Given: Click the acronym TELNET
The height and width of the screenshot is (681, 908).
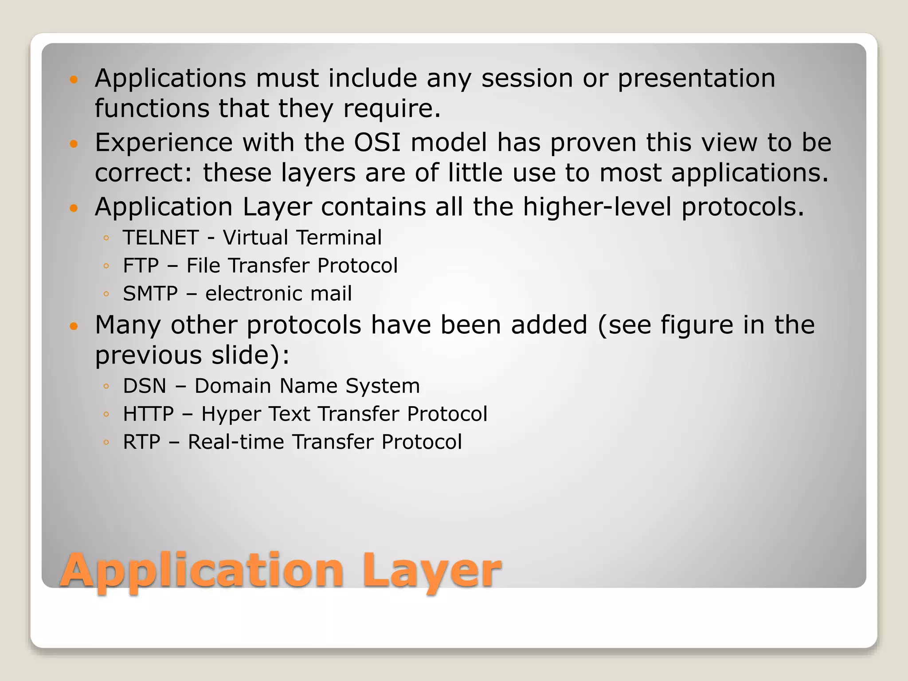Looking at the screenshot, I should pos(160,238).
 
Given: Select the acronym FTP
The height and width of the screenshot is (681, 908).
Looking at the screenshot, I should pos(141,266).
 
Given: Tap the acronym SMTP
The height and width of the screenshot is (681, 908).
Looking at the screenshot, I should pos(150,294).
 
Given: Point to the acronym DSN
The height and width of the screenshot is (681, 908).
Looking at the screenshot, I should pos(145,386).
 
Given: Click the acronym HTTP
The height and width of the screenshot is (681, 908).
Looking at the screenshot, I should pos(149,414).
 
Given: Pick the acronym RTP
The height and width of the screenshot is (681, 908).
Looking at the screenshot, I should pos(141,442).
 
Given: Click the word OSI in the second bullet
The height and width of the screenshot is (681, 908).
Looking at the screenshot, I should pos(377,142).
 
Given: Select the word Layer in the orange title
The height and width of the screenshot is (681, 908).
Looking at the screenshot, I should pos(431,570).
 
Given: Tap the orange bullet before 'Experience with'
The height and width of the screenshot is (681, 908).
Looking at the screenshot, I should pos(74,144).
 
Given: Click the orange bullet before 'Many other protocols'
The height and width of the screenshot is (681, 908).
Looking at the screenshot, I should pos(74,326).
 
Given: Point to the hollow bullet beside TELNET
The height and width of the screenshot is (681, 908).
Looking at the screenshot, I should pos(106,239).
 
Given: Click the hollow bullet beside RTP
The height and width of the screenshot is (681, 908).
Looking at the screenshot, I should pos(106,442).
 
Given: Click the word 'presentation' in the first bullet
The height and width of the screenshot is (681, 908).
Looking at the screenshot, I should pos(696,79).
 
